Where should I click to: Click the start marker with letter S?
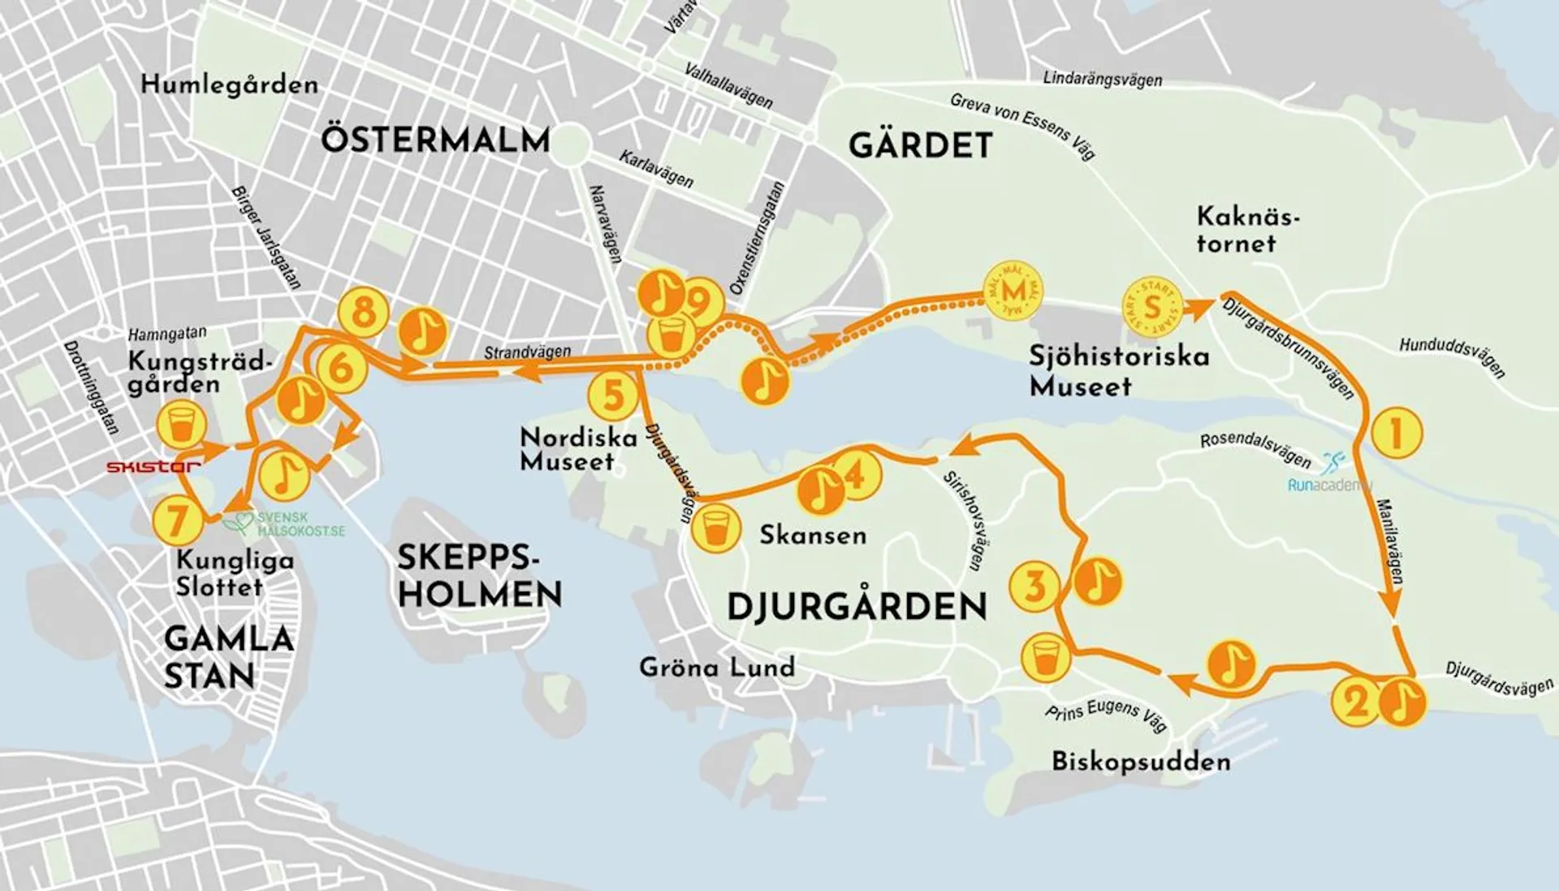click(x=1151, y=307)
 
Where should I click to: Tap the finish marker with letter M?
click(x=1013, y=291)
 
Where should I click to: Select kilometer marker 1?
click(x=1397, y=433)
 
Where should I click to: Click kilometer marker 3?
click(x=1034, y=586)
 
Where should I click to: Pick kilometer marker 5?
click(x=613, y=396)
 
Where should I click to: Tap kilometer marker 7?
click(x=178, y=521)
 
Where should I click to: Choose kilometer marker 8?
click(x=363, y=311)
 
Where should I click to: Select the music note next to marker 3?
click(x=1098, y=581)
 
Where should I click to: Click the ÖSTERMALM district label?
click(x=435, y=140)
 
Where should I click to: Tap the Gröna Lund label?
click(x=716, y=668)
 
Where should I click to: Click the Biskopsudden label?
click(x=1140, y=762)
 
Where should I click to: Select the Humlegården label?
click(x=229, y=84)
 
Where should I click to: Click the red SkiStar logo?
click(x=153, y=466)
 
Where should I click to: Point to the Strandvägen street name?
click(x=527, y=353)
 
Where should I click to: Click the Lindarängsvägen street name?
click(x=1102, y=79)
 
